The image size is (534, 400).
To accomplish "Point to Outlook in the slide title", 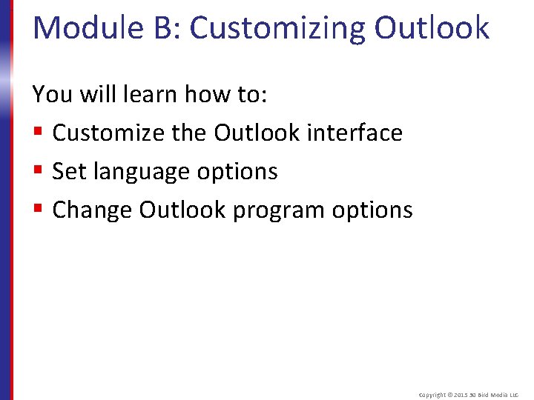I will pos(432,28).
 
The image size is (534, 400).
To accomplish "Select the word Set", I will pos(70,171).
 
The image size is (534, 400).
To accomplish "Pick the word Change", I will pos(92,210).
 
